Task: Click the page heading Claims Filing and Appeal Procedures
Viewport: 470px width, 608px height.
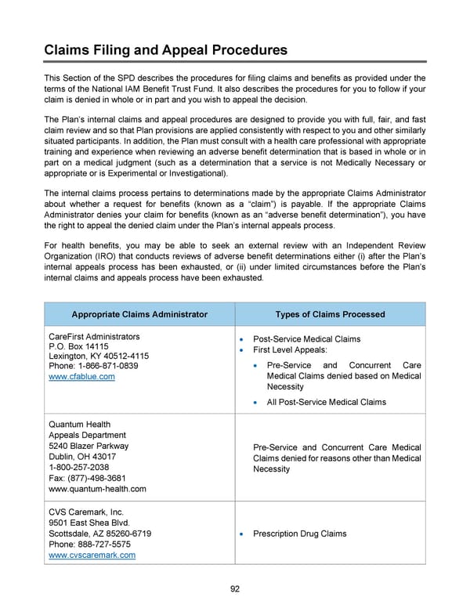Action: click(165, 50)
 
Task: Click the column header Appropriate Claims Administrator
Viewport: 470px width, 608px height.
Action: click(139, 314)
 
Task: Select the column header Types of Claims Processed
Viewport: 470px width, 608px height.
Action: click(330, 314)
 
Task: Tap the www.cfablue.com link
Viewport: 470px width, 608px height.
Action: click(81, 377)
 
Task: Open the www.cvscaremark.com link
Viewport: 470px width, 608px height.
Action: click(92, 556)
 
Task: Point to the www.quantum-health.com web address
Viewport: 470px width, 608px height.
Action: click(98, 489)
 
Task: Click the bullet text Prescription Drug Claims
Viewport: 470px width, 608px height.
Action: click(300, 534)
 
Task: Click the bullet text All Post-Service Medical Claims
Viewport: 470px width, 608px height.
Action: click(326, 402)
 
